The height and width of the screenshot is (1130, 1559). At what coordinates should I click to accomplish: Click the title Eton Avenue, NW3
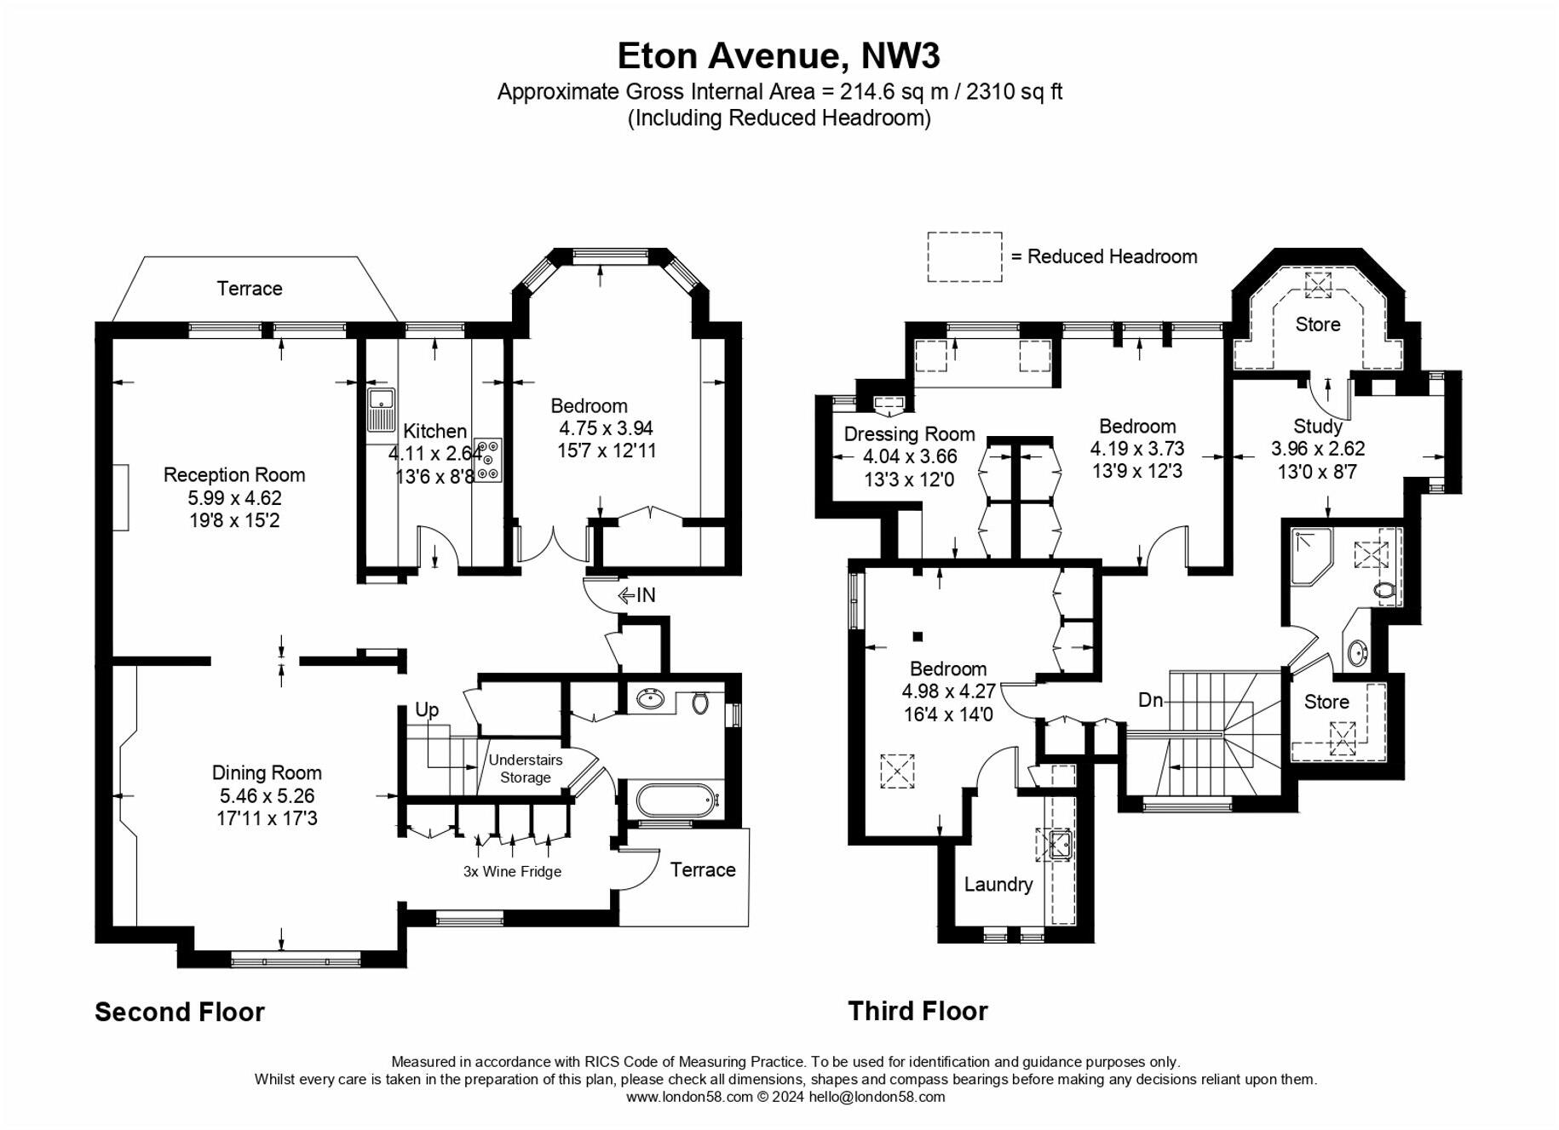point(778,56)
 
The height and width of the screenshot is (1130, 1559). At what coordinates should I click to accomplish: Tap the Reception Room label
point(234,475)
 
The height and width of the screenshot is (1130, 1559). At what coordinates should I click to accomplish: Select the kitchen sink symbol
point(381,410)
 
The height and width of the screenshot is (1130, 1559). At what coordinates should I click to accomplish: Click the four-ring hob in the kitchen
point(489,460)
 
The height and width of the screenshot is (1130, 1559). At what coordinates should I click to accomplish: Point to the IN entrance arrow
point(637,595)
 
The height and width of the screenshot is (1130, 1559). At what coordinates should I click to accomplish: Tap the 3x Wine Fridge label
point(512,871)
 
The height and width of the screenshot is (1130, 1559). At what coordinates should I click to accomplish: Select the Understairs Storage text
point(526,768)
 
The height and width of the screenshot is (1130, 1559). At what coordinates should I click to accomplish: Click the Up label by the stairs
point(427,709)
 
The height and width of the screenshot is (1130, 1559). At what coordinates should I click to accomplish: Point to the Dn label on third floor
point(1150,700)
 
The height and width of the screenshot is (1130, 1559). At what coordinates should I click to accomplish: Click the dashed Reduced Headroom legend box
point(964,256)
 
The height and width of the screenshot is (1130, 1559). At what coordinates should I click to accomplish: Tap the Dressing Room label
point(909,434)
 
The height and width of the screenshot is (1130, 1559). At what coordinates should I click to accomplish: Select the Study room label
point(1317,426)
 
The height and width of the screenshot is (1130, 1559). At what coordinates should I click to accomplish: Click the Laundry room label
point(998,884)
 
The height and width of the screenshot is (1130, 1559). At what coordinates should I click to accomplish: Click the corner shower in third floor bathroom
point(1309,556)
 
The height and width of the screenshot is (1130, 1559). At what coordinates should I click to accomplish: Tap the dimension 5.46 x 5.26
point(267,796)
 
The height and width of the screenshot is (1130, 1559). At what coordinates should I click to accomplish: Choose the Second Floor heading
point(180,1012)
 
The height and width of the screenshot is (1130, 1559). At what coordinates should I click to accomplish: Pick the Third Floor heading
point(918,1011)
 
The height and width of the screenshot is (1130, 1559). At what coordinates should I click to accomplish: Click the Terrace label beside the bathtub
point(702,869)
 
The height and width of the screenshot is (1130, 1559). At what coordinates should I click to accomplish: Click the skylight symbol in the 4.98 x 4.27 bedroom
point(897,771)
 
